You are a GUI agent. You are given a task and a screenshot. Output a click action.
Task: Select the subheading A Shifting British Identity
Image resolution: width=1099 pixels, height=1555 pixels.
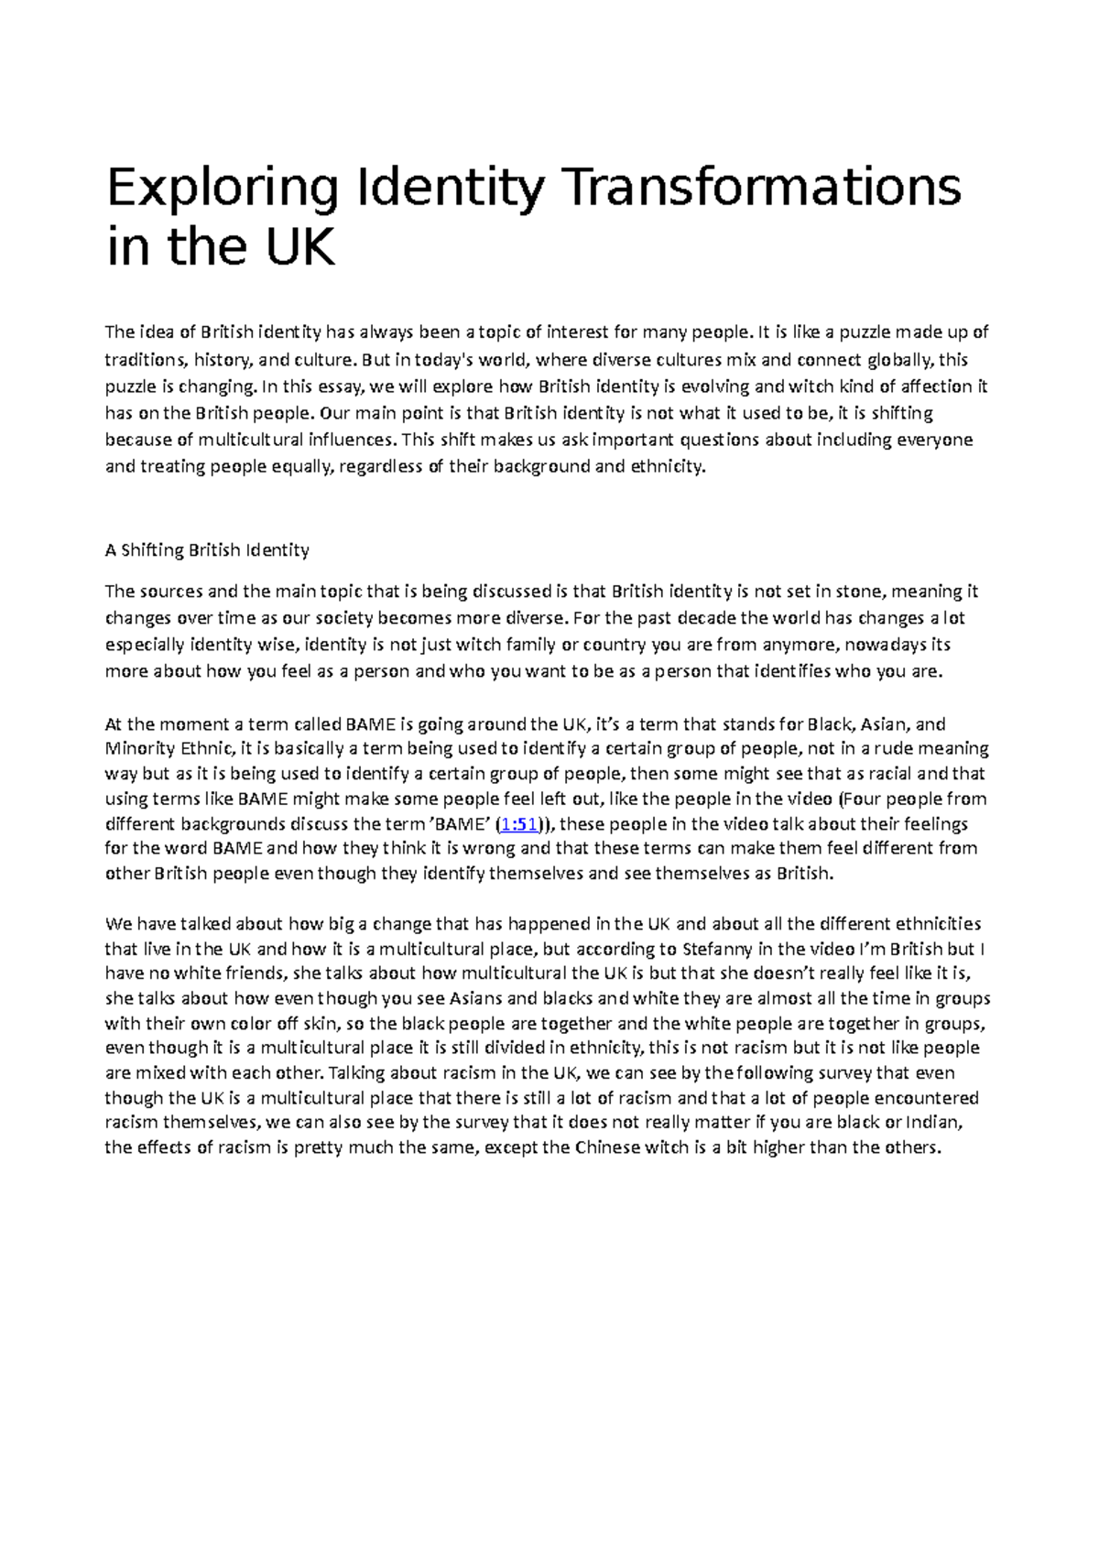point(207,550)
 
